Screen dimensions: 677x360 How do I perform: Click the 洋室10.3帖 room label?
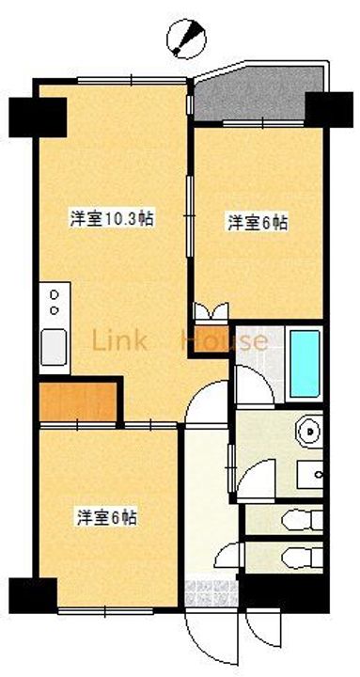pos(112,219)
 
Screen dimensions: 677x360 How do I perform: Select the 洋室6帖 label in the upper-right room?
pos(257,223)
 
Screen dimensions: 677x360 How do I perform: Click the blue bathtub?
pos(305,363)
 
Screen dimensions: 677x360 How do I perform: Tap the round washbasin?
pos(306,432)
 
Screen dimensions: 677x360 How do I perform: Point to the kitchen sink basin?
pos(54,346)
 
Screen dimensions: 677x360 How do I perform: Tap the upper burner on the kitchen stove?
pos(54,296)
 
